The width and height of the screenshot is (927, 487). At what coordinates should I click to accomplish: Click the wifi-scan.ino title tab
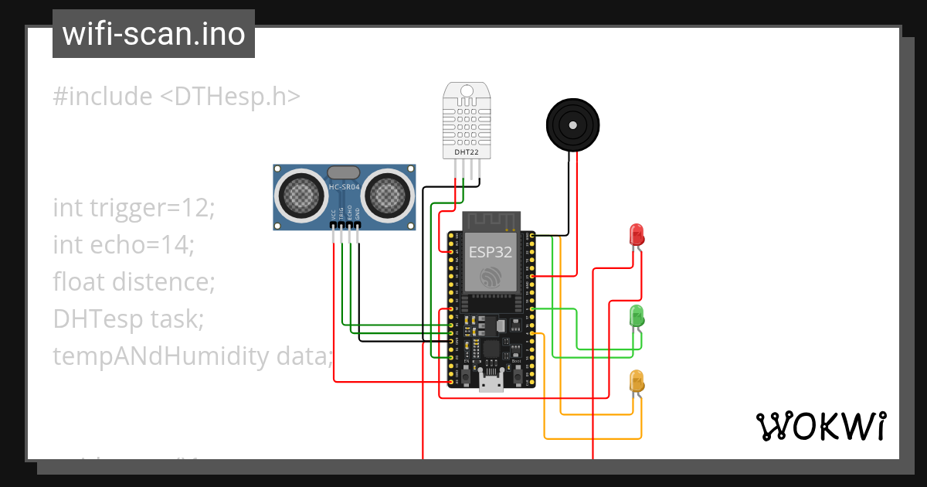tap(154, 34)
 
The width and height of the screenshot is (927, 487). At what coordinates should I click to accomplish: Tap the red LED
tap(637, 234)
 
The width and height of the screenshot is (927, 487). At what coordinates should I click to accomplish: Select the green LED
tap(637, 315)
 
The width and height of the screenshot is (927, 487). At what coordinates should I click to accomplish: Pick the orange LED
tap(637, 380)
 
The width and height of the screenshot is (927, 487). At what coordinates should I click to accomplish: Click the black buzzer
tap(572, 124)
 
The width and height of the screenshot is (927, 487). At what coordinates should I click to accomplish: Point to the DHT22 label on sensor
tap(466, 152)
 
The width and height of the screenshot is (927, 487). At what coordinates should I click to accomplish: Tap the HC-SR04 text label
tap(344, 188)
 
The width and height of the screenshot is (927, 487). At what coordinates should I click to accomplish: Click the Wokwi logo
tap(820, 426)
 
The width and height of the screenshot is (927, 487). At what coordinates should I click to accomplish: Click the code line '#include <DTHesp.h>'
tap(176, 97)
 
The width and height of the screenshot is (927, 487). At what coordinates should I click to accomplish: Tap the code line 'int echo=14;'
tap(124, 245)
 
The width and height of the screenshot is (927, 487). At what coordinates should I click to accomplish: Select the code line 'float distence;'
tap(134, 282)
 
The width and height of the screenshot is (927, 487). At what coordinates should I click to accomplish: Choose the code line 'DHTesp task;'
tap(128, 318)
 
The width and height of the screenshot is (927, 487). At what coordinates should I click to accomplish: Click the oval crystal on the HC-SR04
tap(344, 172)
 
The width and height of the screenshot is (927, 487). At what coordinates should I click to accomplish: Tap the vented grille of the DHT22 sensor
tap(466, 122)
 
